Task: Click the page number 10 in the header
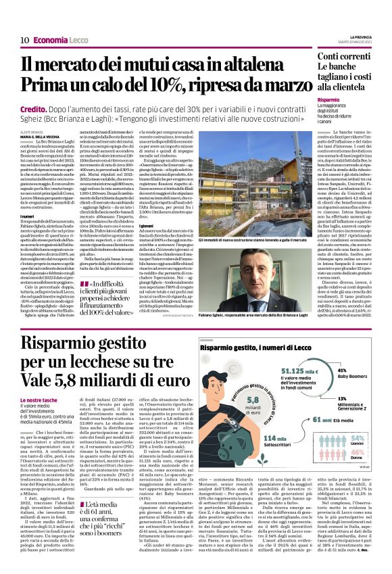click(x=24, y=40)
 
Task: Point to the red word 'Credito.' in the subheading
click(x=32, y=108)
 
